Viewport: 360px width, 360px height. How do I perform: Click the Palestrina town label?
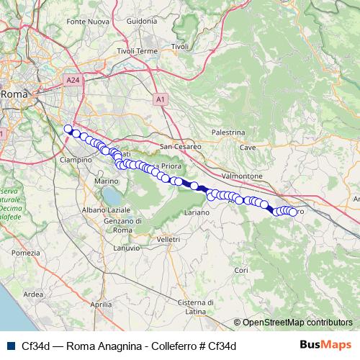(x=228, y=132)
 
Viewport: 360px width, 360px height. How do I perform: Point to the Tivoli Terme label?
(x=137, y=52)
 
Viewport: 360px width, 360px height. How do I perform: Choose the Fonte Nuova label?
(x=87, y=22)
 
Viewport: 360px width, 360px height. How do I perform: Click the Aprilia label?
(x=102, y=305)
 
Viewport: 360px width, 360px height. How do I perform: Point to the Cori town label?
(x=241, y=269)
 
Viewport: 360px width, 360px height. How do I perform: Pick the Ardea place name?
(x=34, y=294)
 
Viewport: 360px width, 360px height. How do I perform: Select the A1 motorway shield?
(x=160, y=98)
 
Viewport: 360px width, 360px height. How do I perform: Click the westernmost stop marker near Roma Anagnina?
(x=68, y=130)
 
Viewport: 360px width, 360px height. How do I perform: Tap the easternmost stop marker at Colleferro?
(x=292, y=212)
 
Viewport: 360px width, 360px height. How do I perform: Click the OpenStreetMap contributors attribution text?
(x=297, y=323)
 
